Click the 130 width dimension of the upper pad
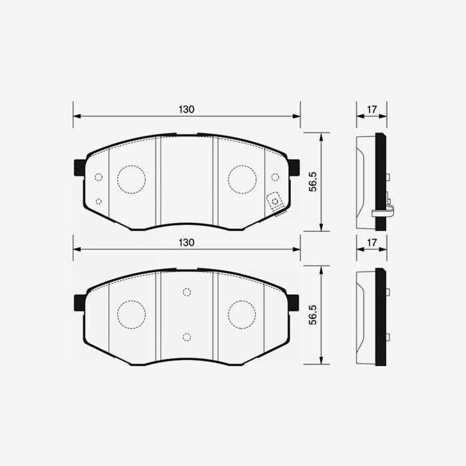pyautogui.click(x=186, y=109)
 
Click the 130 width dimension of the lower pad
pyautogui.click(x=186, y=242)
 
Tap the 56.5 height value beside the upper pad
pyautogui.click(x=312, y=182)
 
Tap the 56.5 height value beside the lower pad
pyautogui.click(x=312, y=315)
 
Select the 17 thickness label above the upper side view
pyautogui.click(x=371, y=109)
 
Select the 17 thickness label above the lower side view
pyautogui.click(x=371, y=242)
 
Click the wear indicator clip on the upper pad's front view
pyautogui.click(x=274, y=202)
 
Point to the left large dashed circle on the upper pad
pyautogui.click(x=131, y=179)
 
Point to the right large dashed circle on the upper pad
pyautogui.click(x=242, y=178)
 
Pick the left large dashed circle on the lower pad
pyautogui.click(x=131, y=314)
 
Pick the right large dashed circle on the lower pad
pyautogui.click(x=242, y=314)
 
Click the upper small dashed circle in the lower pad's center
pyautogui.click(x=186, y=292)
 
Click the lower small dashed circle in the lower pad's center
pyautogui.click(x=186, y=336)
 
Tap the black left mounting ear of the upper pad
pyautogui.click(x=79, y=167)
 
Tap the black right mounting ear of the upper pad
pyautogui.click(x=294, y=167)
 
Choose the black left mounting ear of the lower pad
pyautogui.click(x=79, y=302)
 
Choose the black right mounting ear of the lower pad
pyautogui.click(x=294, y=302)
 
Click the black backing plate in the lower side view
pyautogui.click(x=381, y=316)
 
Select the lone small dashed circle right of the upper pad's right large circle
pyautogui.click(x=275, y=177)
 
